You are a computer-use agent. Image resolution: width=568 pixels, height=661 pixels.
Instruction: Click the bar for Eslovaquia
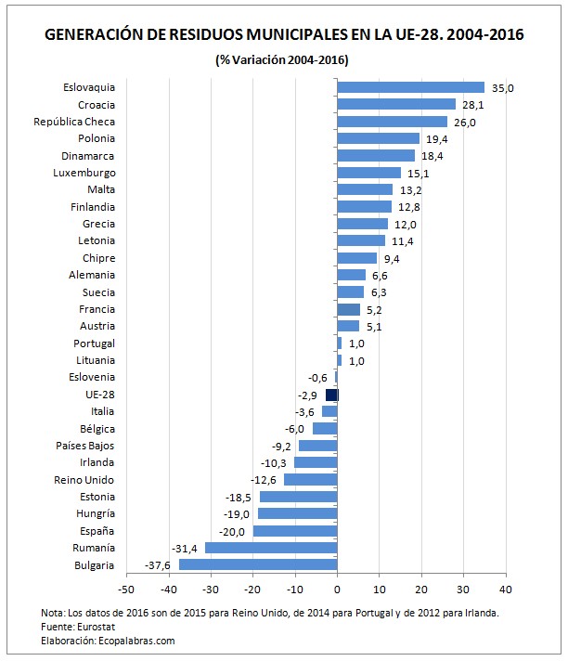coord(410,87)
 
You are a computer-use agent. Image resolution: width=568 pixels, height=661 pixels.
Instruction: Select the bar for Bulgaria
coord(257,564)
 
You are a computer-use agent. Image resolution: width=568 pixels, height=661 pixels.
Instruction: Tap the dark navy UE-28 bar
coord(331,395)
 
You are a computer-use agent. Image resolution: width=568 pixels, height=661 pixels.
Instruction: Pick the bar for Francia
coord(348,309)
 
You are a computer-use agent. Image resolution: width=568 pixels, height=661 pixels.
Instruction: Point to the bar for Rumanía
coord(271,548)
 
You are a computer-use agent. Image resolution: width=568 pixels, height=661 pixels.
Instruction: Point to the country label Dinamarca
coord(88,156)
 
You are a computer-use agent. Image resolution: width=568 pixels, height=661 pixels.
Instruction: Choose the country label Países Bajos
coord(85,446)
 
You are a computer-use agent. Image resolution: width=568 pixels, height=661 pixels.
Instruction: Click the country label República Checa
coord(74,122)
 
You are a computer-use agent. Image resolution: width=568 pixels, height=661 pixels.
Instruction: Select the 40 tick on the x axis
coord(505,588)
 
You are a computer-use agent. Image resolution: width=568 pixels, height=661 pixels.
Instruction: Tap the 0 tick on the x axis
coord(337,588)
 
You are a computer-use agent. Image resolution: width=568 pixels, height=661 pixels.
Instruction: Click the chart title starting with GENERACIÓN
coord(283,35)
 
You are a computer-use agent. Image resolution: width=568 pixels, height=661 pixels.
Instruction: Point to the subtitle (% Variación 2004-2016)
coord(282,60)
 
